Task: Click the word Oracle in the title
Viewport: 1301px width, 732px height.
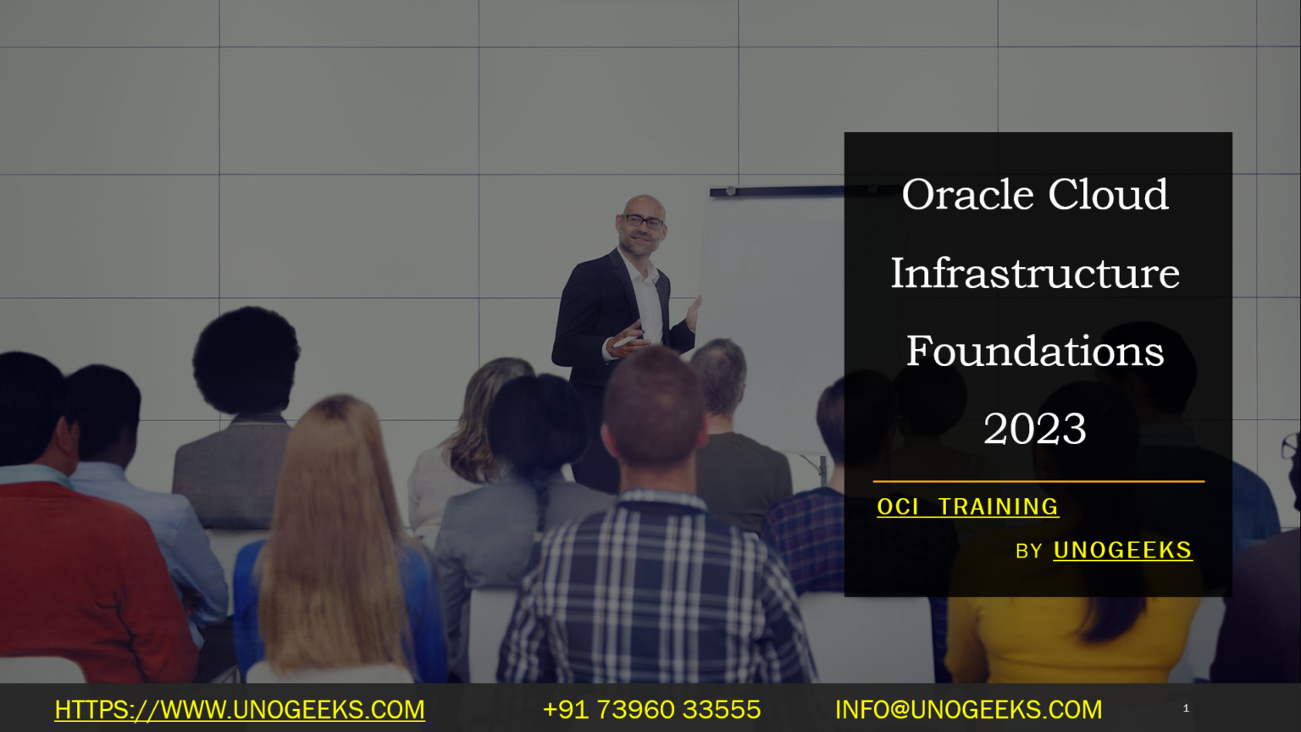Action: tap(969, 196)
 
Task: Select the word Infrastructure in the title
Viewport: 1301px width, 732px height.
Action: tap(1034, 274)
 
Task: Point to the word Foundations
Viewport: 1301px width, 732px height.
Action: tap(1034, 352)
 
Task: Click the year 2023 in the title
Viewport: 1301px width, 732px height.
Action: tap(1034, 430)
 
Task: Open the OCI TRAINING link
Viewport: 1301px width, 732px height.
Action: tap(967, 507)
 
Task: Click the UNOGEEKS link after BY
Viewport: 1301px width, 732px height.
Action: tap(1122, 551)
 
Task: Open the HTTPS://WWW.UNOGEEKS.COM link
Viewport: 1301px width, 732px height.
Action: tap(240, 709)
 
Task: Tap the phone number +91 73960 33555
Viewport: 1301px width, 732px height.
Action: tap(651, 709)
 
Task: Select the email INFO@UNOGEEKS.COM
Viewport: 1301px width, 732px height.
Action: tap(968, 709)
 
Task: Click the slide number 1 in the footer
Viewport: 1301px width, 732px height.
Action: tap(1186, 708)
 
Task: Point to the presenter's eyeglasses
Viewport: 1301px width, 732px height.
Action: tap(644, 222)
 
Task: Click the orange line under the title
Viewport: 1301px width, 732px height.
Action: tap(1038, 481)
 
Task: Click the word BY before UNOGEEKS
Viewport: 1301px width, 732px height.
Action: tap(1028, 552)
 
